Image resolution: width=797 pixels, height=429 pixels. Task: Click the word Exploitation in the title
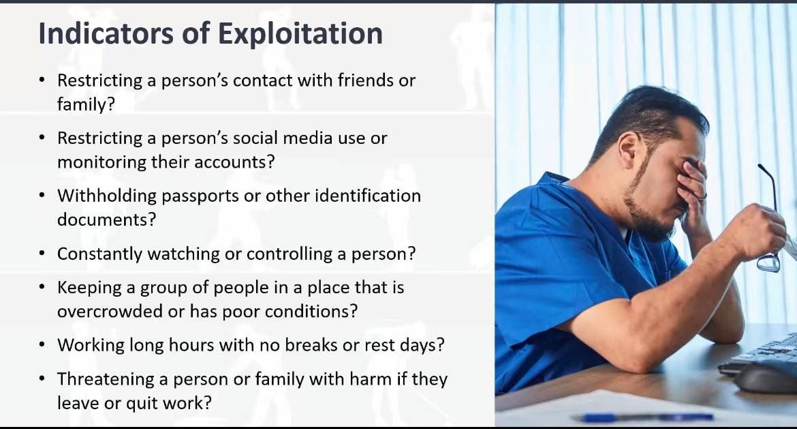[300, 34]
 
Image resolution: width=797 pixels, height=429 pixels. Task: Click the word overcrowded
[110, 311]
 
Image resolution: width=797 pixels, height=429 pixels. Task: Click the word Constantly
[99, 254]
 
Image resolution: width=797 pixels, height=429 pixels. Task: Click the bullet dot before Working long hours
[42, 345]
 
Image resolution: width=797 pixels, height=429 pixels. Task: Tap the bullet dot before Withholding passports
[42, 196]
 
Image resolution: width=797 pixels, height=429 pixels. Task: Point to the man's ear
[628, 150]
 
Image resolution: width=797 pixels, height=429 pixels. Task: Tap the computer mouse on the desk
[766, 378]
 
